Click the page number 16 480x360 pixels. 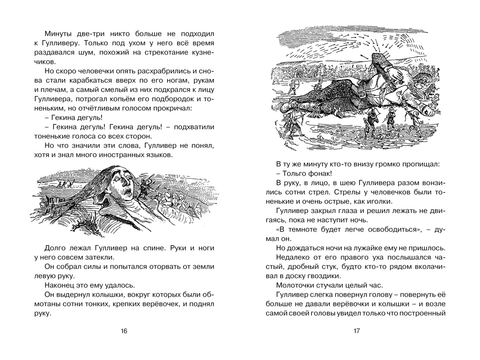point(123,331)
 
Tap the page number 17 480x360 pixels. point(356,331)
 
